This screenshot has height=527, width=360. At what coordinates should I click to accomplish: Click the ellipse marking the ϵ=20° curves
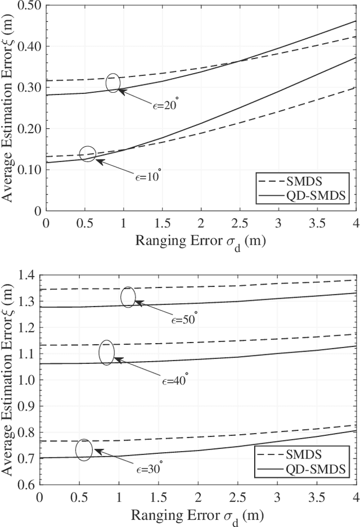tap(113, 83)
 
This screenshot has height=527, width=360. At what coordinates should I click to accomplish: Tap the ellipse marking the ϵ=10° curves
tap(88, 154)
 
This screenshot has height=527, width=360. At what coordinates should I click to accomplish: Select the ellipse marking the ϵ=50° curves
tap(128, 297)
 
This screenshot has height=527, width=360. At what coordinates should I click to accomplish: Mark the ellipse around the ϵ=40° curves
tap(106, 353)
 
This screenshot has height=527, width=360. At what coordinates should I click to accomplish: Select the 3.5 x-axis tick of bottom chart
tap(317, 498)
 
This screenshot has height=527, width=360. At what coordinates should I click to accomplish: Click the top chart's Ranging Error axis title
tap(200, 241)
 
